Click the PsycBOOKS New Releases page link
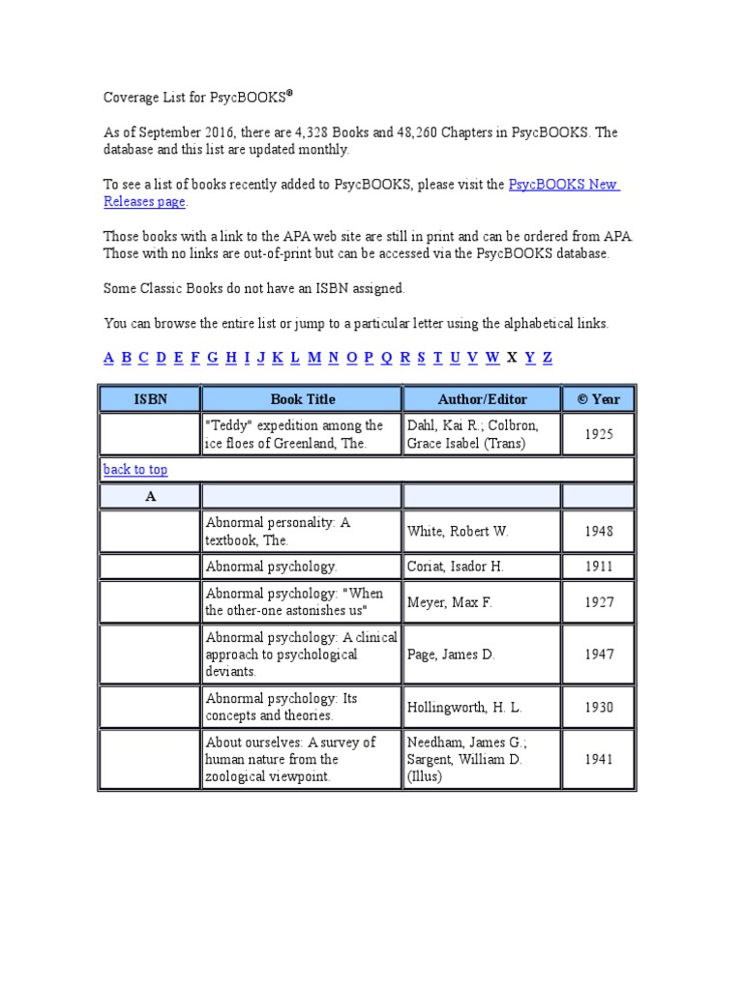[563, 185]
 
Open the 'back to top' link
[134, 470]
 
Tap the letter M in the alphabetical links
[314, 358]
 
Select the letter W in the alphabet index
[492, 358]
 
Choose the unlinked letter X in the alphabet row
[513, 358]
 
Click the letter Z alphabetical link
[548, 358]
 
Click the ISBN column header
[149, 398]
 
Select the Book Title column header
[302, 398]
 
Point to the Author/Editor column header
[482, 398]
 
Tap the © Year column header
[599, 398]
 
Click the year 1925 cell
[599, 434]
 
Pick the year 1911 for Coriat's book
[599, 567]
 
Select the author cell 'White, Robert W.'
[458, 532]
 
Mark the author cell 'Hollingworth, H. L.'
[464, 708]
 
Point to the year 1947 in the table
[599, 655]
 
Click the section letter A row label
[150, 497]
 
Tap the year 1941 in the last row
[599, 760]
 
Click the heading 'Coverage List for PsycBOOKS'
[197, 98]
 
